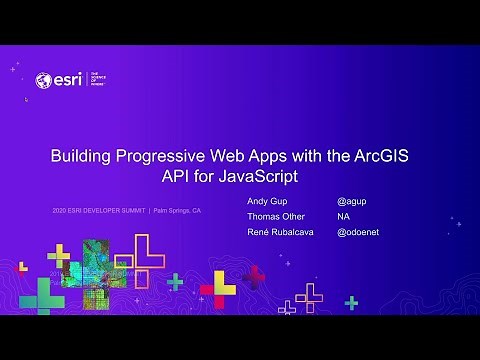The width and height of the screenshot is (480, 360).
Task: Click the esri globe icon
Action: tap(43, 80)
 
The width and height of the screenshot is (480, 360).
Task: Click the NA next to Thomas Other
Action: tap(343, 217)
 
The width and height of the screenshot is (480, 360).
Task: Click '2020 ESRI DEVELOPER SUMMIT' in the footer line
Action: tap(99, 211)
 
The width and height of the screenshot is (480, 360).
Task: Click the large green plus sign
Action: tap(42, 295)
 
